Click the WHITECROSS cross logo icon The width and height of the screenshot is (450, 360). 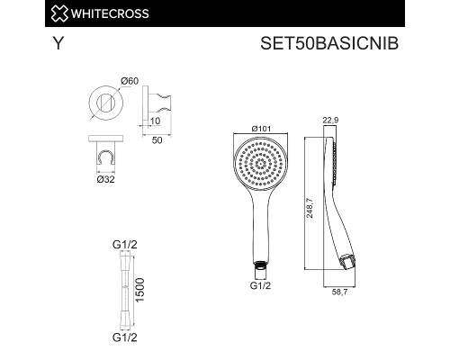point(14,13)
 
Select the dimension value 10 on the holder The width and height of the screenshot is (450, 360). point(154,121)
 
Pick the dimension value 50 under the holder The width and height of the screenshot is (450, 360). point(156,141)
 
